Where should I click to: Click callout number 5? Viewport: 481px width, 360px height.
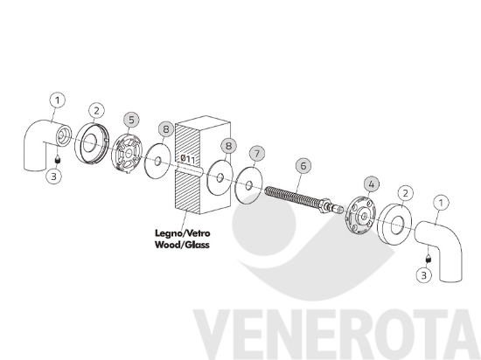(x=131, y=120)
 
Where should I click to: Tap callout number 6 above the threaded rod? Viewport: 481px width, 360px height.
(x=303, y=166)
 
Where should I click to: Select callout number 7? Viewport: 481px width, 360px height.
(x=257, y=154)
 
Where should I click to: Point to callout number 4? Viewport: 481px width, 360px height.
(x=371, y=184)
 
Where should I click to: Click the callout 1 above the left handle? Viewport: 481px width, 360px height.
(x=58, y=100)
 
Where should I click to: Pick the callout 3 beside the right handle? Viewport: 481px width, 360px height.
(x=423, y=275)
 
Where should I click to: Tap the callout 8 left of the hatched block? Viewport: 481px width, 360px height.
(x=166, y=129)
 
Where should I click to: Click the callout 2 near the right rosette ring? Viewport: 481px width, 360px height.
(x=406, y=193)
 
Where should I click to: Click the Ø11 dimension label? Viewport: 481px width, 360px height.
(x=187, y=159)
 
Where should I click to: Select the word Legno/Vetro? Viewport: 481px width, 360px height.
(x=183, y=233)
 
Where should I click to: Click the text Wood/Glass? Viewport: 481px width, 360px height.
(x=182, y=245)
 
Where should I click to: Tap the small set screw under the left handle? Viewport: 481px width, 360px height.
(x=57, y=160)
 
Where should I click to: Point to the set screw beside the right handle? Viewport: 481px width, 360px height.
(x=428, y=259)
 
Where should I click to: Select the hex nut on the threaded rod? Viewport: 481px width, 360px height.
(x=325, y=205)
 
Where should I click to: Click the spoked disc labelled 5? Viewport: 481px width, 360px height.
(x=127, y=153)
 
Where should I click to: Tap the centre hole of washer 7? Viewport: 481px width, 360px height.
(x=248, y=185)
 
